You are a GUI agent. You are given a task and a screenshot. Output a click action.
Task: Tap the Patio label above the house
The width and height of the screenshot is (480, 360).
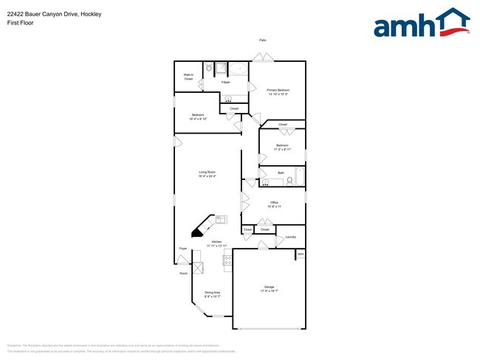[262, 40]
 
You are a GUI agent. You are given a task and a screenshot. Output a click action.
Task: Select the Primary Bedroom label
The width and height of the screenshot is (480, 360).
[277, 92]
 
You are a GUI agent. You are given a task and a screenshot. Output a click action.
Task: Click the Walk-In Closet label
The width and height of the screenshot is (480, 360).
[188, 77]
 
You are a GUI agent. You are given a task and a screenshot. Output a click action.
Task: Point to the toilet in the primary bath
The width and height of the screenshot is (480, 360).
[209, 69]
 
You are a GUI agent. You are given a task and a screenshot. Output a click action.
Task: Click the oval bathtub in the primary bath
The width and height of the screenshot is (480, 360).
[238, 69]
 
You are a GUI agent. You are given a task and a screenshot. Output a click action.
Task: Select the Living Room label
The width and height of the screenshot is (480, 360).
[206, 174]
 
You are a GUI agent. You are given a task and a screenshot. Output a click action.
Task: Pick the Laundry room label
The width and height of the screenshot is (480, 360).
[290, 237]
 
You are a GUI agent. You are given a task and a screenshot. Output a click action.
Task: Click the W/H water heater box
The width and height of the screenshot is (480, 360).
[301, 255]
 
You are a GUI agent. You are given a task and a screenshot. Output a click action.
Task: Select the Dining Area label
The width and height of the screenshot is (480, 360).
[212, 294]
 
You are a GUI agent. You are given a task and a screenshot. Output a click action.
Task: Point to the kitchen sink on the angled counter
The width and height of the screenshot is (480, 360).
[221, 219]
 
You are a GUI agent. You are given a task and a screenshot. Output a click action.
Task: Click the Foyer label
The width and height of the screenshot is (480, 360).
[182, 249]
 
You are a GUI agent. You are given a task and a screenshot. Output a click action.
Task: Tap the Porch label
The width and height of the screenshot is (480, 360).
[183, 273]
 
